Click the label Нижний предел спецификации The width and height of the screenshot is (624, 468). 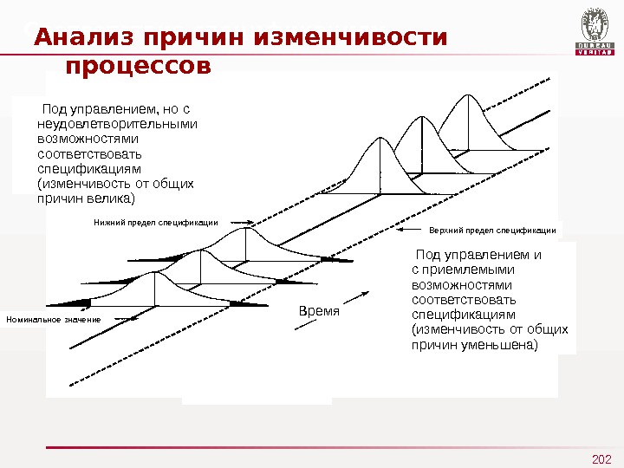click(x=156, y=223)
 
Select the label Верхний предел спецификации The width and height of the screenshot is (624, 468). click(x=493, y=231)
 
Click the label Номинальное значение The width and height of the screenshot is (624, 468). click(x=53, y=320)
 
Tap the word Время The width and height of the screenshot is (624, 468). click(x=318, y=310)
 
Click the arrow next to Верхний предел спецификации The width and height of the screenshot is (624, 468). click(x=409, y=230)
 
